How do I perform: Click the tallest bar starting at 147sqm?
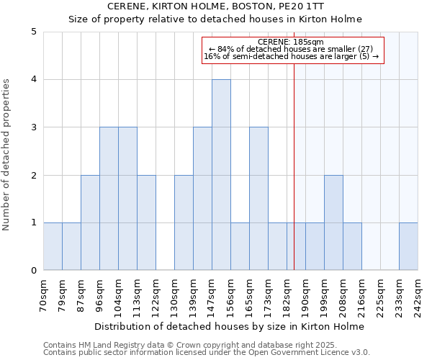pyautogui.click(x=221, y=175)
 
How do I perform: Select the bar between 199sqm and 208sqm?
pyautogui.click(x=333, y=222)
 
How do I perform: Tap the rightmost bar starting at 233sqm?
pyautogui.click(x=408, y=246)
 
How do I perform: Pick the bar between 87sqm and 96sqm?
pyautogui.click(x=90, y=222)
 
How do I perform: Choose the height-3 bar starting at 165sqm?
pyautogui.click(x=258, y=199)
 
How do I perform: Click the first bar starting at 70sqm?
pyautogui.click(x=53, y=246)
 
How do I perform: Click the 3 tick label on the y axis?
pyautogui.click(x=33, y=127)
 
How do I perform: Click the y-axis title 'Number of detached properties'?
pyautogui.click(x=7, y=155)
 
